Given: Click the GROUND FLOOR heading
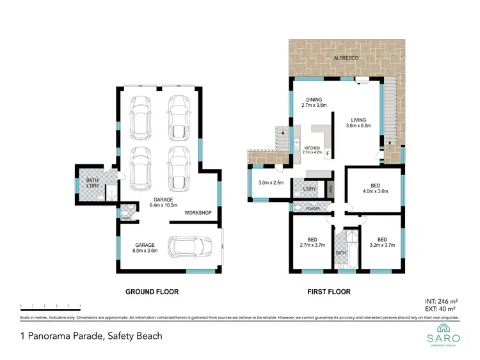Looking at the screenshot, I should pos(152,292).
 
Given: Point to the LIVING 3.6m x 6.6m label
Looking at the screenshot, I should pos(358,122).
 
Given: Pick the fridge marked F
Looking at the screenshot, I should pos(328,154).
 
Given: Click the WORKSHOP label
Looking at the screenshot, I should pos(198,212).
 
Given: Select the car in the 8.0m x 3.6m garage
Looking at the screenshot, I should pos(190,246).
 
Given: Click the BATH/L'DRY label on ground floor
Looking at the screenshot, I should pos(93,183).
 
